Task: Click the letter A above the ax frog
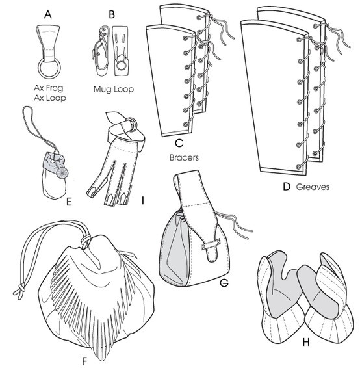click(48, 14)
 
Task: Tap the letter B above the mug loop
click(112, 14)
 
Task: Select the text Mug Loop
click(114, 89)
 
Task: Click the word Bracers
click(184, 157)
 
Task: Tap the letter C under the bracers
click(179, 143)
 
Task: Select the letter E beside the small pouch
click(69, 202)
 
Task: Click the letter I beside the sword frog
click(142, 201)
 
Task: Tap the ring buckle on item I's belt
click(134, 124)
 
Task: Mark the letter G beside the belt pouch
click(224, 283)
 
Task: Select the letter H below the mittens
click(306, 343)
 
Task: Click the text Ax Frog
click(49, 88)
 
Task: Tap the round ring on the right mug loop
click(122, 65)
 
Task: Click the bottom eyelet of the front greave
click(298, 167)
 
